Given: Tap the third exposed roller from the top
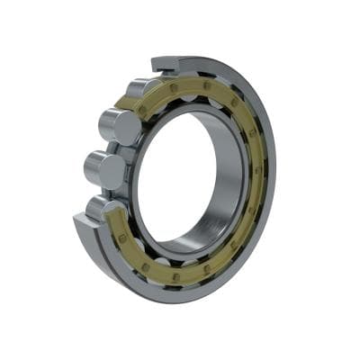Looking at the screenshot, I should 105,170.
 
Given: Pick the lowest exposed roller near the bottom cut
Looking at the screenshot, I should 100,208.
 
